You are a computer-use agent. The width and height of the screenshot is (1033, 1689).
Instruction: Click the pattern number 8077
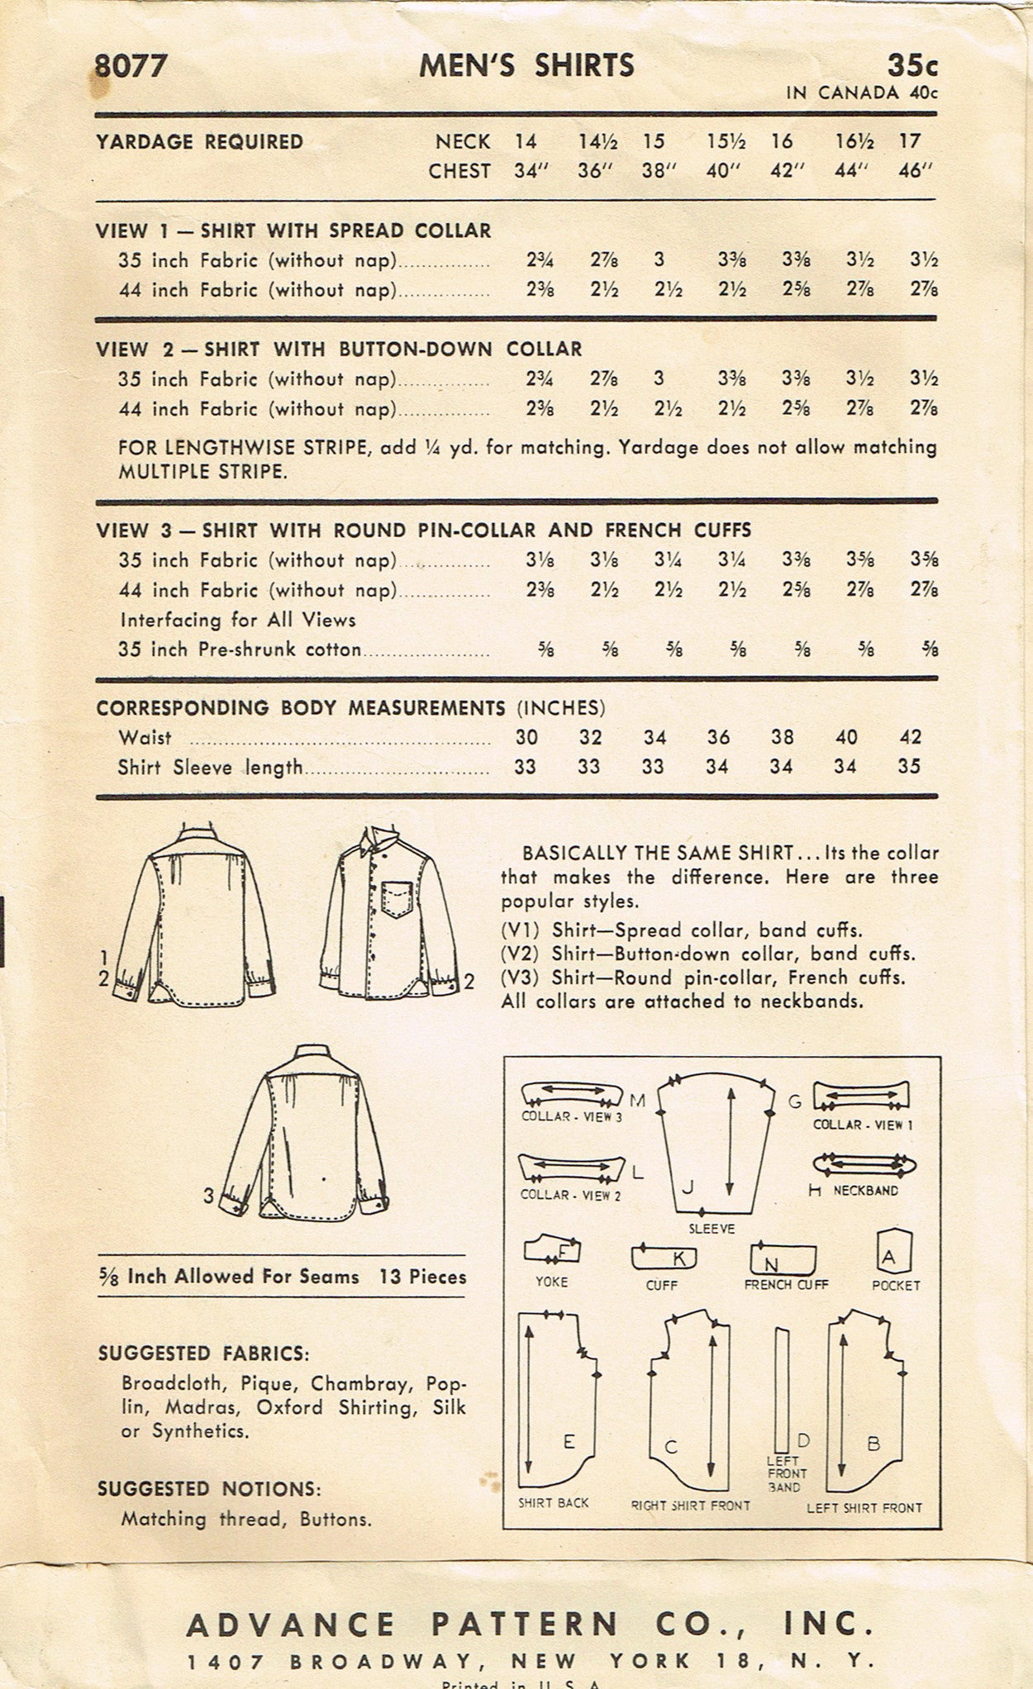tap(131, 66)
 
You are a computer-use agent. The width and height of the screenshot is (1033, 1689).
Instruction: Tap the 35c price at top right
tap(912, 65)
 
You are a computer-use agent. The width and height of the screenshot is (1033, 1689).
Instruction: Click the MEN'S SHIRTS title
tap(526, 65)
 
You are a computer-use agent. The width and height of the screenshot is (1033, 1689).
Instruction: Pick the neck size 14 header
tap(526, 141)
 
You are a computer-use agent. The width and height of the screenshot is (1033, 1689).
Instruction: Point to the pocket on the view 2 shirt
tap(397, 898)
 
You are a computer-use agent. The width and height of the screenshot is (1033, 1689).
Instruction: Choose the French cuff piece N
tap(783, 1259)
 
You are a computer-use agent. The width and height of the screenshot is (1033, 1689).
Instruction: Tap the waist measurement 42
tap(910, 737)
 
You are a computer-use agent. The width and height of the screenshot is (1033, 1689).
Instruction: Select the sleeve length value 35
tap(909, 767)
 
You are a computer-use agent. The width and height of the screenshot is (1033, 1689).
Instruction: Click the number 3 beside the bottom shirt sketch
tap(209, 1196)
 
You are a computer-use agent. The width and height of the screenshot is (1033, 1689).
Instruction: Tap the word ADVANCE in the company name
tap(290, 1625)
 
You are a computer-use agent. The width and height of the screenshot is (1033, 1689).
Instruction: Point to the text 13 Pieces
tap(423, 1277)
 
